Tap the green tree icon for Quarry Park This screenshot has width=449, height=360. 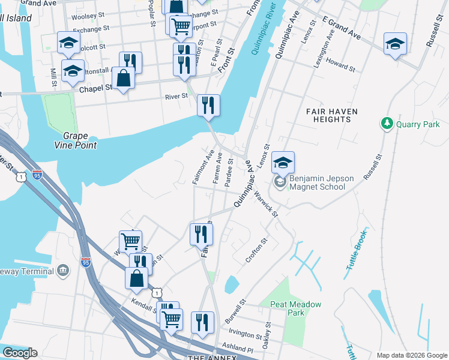coord(387,124)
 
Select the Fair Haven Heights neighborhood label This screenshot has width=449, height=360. coord(328,115)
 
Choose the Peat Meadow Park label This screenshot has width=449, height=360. coord(295,308)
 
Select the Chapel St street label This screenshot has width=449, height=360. coord(96,88)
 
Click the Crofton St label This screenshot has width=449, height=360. coord(255,251)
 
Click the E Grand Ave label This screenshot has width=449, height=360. coord(340,28)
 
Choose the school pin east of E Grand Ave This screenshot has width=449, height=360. coord(395,44)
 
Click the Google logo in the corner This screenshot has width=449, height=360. coord(19,353)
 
